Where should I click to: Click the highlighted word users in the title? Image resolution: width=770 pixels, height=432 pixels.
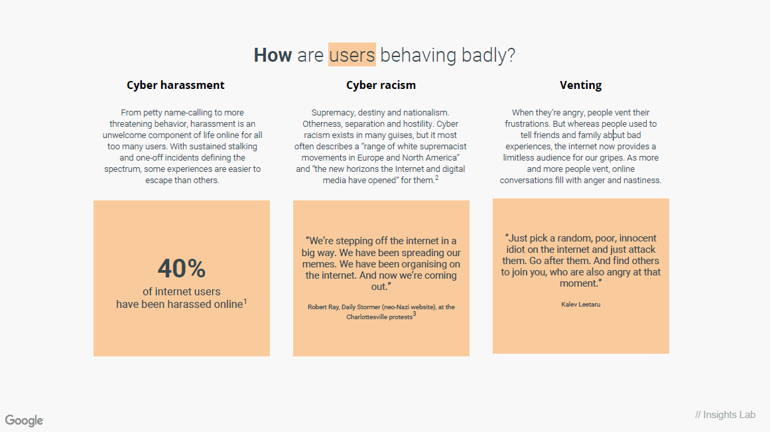click(352, 54)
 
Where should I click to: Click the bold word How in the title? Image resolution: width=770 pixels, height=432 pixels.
click(273, 54)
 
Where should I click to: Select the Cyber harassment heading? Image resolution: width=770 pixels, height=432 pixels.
click(175, 85)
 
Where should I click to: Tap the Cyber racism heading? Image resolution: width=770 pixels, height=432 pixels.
click(381, 85)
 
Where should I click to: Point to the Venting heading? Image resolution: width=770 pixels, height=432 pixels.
click(580, 85)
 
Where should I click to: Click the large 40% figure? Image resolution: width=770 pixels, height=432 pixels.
click(182, 268)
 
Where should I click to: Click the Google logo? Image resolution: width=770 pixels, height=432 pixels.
click(24, 421)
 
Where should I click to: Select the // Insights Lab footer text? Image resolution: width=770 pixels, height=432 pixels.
click(726, 415)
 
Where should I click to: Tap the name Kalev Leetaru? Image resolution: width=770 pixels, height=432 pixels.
click(580, 304)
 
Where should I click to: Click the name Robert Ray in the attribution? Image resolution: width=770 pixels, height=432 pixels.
click(323, 307)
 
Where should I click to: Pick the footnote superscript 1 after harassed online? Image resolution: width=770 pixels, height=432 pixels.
click(245, 301)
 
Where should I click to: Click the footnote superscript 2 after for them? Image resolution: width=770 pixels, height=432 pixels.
click(436, 178)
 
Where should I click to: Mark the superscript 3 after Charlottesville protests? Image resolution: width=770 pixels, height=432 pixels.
click(415, 314)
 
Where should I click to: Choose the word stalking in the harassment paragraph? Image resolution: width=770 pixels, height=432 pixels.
click(242, 147)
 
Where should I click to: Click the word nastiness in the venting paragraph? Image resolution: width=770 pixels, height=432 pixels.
click(642, 180)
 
